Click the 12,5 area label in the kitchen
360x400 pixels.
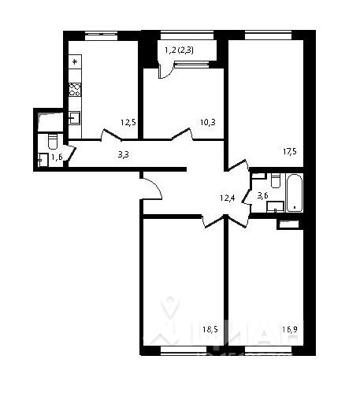(x=128, y=122)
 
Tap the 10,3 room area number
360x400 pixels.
(x=207, y=122)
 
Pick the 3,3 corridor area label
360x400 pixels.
(x=124, y=154)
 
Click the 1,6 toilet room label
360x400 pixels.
(x=57, y=157)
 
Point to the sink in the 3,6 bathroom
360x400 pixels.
(x=275, y=207)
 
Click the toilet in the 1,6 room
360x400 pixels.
(x=52, y=142)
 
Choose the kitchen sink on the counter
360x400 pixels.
(x=75, y=118)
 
